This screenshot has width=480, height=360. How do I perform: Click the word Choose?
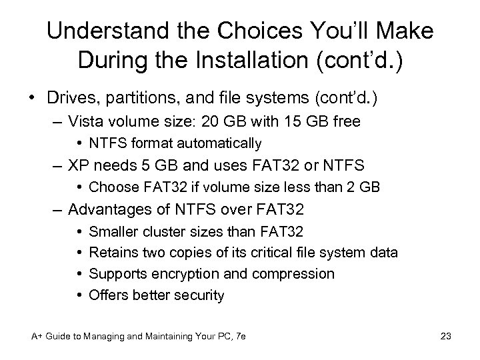pyautogui.click(x=111, y=187)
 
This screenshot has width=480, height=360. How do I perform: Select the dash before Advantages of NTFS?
pyautogui.click(x=58, y=209)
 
